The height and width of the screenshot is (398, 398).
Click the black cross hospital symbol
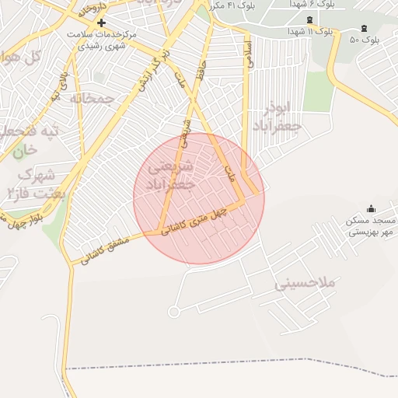pos(101,23)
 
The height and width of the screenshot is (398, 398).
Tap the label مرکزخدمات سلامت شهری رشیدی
pos(110,41)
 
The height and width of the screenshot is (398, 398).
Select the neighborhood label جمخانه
pos(92,98)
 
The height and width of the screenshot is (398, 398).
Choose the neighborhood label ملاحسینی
pos(305,284)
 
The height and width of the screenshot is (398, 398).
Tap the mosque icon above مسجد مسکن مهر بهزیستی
pos(370,208)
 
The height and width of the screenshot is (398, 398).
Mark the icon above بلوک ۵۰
pos(364,29)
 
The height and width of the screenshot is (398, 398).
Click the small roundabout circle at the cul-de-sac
pos(173,312)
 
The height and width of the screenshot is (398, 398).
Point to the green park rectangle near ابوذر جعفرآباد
pos(318,92)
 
